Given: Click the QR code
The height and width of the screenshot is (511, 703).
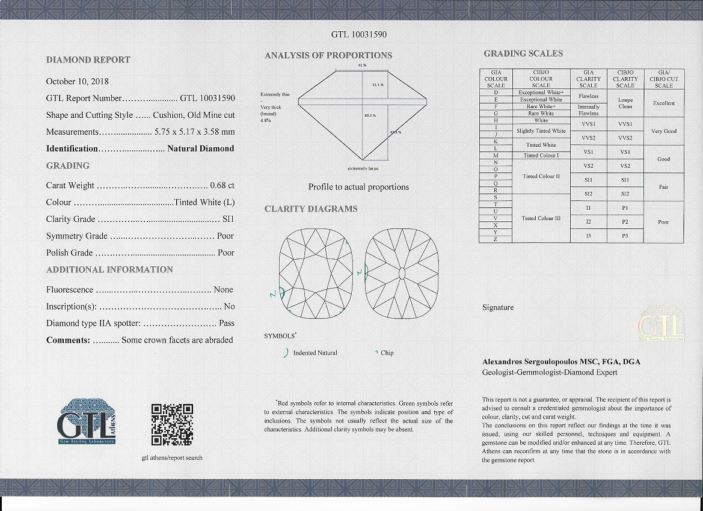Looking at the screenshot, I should click(x=172, y=424).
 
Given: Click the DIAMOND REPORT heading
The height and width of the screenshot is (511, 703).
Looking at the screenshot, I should click(x=88, y=60).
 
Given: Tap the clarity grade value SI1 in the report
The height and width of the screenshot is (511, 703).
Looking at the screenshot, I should click(x=228, y=219).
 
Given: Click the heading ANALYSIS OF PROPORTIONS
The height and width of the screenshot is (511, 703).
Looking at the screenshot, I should click(x=328, y=55).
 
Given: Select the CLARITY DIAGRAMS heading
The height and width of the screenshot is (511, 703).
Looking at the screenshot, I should click(x=311, y=209).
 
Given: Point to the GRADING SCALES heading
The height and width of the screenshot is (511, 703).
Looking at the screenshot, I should click(x=523, y=54).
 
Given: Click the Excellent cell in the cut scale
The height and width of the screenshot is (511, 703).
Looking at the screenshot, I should click(x=663, y=103).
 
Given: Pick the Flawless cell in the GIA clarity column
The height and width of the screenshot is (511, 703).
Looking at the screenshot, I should click(x=588, y=96).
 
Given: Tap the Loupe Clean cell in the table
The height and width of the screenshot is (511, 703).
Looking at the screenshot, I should click(x=625, y=103).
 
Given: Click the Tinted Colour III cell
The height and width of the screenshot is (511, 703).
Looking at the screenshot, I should click(x=541, y=218).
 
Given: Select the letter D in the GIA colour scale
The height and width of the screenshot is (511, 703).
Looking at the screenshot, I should click(x=496, y=93).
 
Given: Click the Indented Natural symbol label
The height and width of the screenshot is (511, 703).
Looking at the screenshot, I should click(x=315, y=353).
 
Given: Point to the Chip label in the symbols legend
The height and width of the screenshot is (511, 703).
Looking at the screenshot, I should click(x=387, y=353).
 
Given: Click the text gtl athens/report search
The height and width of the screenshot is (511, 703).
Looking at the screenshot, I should click(x=172, y=457).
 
